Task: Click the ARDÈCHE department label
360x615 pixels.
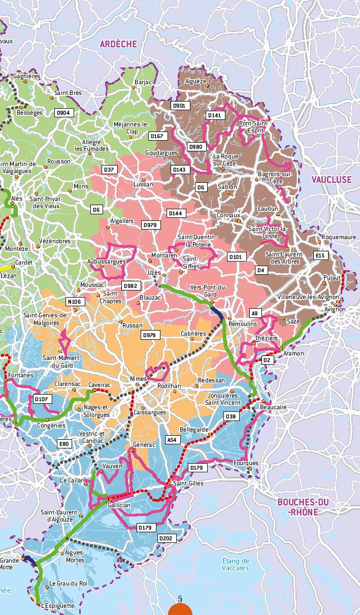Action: (118, 44)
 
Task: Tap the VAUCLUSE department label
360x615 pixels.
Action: (331, 180)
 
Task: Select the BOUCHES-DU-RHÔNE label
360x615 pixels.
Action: (303, 507)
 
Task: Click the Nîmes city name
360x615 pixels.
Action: (138, 379)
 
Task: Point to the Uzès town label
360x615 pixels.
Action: (154, 273)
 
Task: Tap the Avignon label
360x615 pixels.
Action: (335, 309)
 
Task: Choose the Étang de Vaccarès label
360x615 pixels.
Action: (236, 564)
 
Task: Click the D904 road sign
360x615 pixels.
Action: (64, 113)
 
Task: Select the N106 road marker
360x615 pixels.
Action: (74, 302)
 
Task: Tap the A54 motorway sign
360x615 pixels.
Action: (173, 440)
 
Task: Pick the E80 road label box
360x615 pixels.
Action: (63, 444)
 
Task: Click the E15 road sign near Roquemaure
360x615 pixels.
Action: (320, 255)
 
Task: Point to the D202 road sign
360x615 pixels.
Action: (166, 538)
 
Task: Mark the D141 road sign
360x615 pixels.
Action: (214, 115)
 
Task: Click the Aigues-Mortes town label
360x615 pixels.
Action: (75, 557)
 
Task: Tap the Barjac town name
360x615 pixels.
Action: (143, 82)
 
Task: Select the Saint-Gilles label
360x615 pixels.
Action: (188, 483)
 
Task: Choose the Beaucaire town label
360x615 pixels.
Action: (273, 407)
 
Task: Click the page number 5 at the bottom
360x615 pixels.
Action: (180, 599)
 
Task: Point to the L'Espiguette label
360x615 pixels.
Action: (58, 606)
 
